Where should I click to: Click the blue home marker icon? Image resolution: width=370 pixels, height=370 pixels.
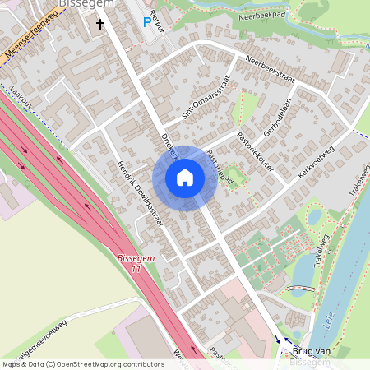pyautogui.click(x=184, y=178)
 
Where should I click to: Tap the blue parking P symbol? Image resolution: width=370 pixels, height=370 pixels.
pyautogui.click(x=148, y=23)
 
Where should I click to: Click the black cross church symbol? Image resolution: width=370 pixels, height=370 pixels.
pyautogui.click(x=101, y=25)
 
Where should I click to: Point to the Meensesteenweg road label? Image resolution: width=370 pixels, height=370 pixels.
pyautogui.click(x=31, y=36)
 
